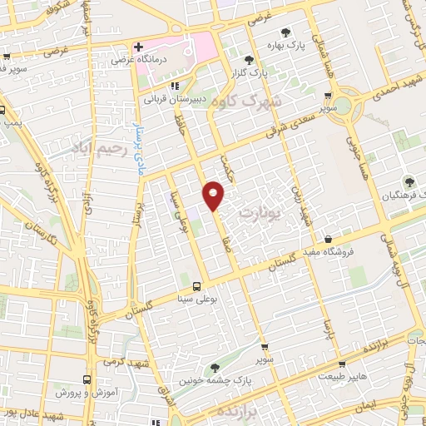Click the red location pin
[x=215, y=195]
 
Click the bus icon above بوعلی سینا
[x=196, y=281]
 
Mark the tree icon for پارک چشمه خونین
[x=215, y=367]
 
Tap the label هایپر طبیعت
[x=343, y=377]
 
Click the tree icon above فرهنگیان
[x=408, y=181]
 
